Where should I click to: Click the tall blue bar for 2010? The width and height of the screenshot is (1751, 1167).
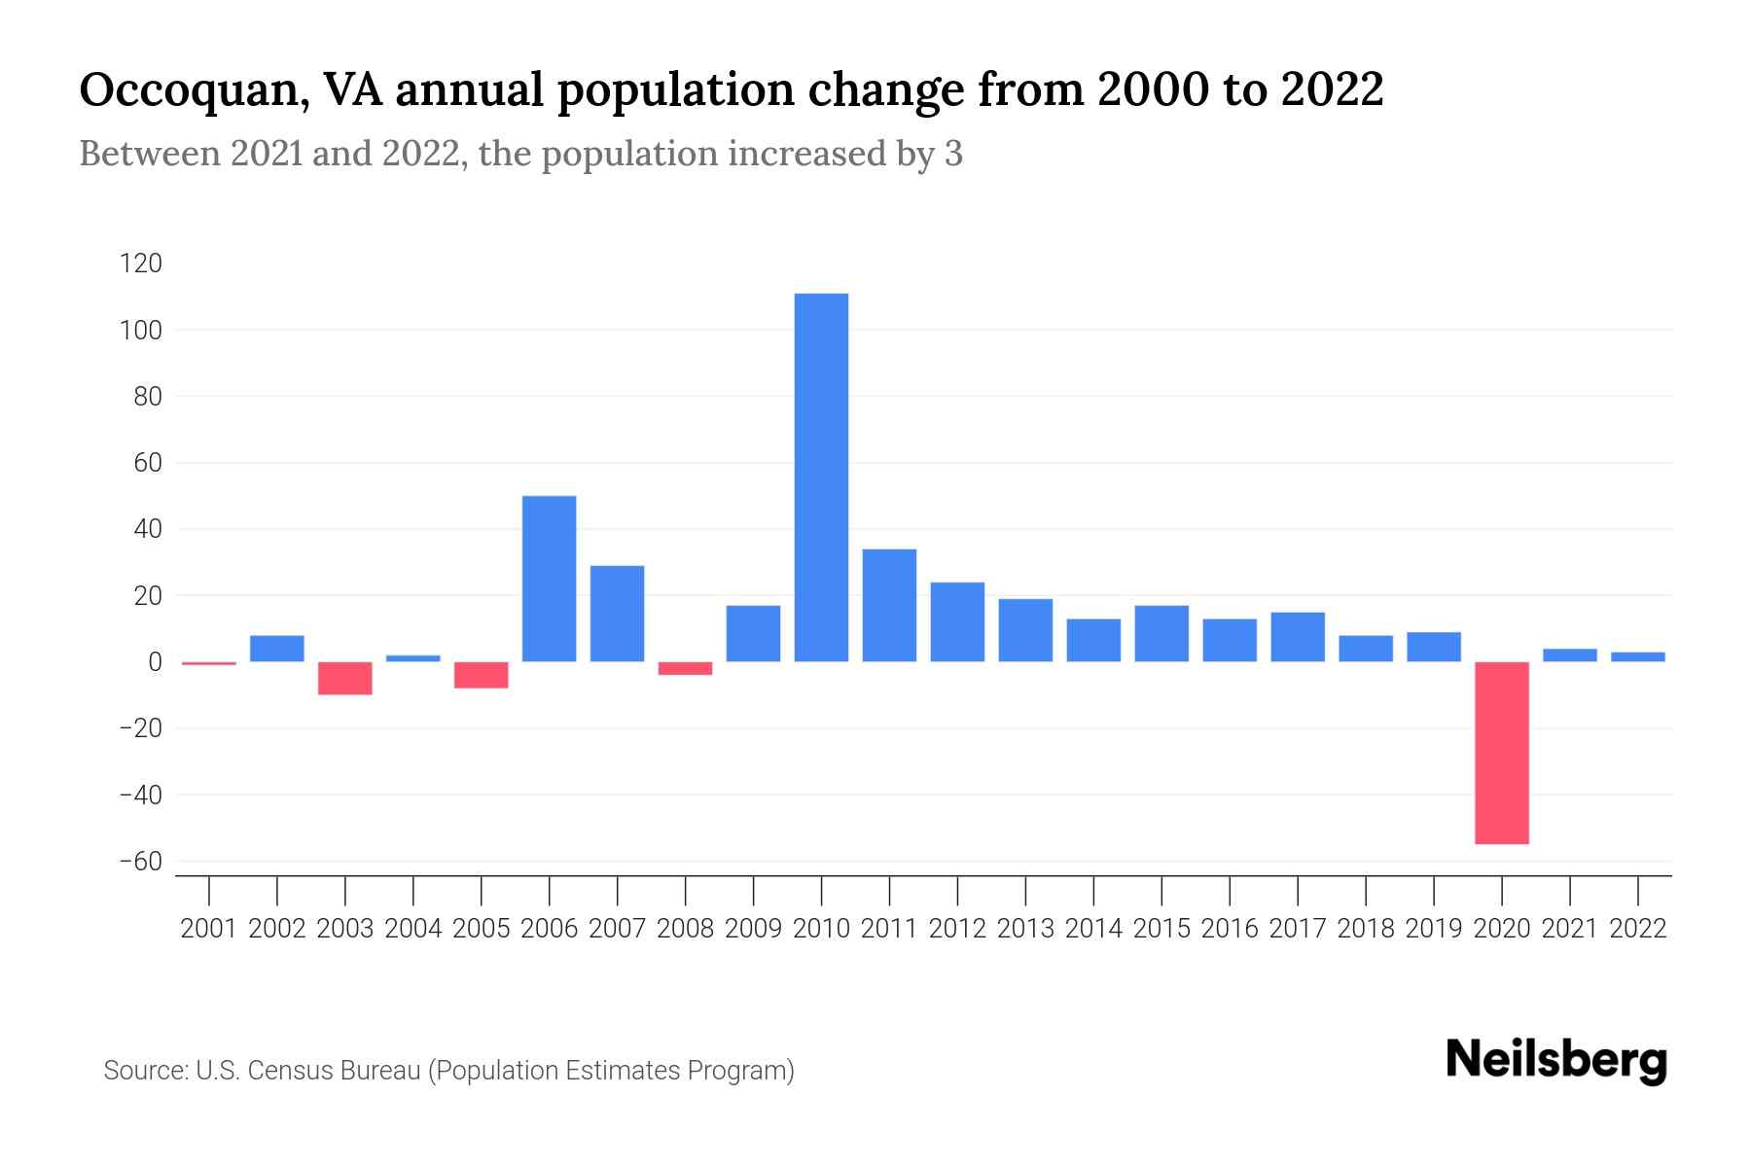coord(821,477)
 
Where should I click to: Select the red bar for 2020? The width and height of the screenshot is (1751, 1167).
coord(1501,752)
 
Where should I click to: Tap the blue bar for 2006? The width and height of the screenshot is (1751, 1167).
coord(549,579)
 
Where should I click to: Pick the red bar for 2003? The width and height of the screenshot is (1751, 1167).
coord(345,678)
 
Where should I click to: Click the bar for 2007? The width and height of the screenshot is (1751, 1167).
coord(617,613)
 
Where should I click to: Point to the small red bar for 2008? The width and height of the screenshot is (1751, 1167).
coord(685,668)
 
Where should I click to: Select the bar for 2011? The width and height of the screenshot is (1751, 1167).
coord(889,605)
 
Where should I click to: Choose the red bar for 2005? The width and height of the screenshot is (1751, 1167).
coord(482,675)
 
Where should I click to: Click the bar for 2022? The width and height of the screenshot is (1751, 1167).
coord(1637,657)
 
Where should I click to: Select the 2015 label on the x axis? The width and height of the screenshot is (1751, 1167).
coord(1161,929)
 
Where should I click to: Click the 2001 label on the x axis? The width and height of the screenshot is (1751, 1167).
coord(209,929)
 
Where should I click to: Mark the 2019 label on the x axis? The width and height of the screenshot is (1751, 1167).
coord(1433,929)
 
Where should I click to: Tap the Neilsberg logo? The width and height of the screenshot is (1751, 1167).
coord(1556,1060)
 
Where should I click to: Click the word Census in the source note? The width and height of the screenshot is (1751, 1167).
coord(287,1071)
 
